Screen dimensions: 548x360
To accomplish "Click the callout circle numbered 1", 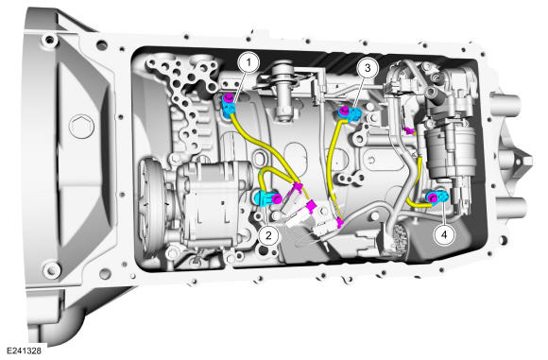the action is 248,62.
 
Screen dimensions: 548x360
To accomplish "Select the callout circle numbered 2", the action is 268,235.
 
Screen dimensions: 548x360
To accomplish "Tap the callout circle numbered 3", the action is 368,68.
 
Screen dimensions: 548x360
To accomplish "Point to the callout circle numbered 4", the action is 444,234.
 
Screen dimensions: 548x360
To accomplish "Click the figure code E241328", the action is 24,351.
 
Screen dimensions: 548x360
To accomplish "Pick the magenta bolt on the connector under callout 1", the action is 229,98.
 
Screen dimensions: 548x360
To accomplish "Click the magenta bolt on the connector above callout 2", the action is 277,198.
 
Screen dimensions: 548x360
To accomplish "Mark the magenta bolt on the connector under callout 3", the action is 343,111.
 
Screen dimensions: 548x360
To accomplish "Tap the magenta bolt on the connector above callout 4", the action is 434,198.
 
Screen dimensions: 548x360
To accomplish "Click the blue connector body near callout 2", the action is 265,198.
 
